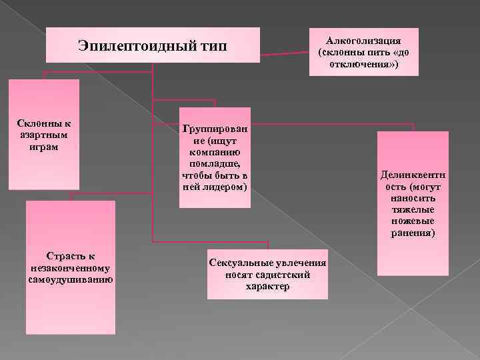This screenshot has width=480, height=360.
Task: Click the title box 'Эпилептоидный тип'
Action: [x=152, y=45]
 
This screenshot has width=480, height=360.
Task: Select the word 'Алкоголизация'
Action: [x=363, y=41]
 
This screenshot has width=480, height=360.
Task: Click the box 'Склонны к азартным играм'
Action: [x=44, y=134]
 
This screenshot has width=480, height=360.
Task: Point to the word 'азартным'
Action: [x=44, y=135]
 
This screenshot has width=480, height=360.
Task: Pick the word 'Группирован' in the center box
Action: [x=215, y=131]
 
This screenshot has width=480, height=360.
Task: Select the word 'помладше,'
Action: [x=215, y=164]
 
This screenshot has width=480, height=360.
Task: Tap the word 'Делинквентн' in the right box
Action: [x=413, y=177]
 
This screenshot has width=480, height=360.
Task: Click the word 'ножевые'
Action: [x=413, y=221]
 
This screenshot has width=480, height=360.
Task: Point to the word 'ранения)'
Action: [x=413, y=233]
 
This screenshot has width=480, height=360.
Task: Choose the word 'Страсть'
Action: [x=61, y=255]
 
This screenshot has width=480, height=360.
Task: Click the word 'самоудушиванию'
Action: [x=70, y=278]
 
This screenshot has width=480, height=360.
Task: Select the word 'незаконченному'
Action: [x=70, y=267]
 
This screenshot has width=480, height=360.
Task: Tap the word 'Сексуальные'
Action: [x=240, y=263]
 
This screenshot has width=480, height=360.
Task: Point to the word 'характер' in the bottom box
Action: [x=267, y=286]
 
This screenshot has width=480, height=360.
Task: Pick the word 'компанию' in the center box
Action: [x=215, y=153]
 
